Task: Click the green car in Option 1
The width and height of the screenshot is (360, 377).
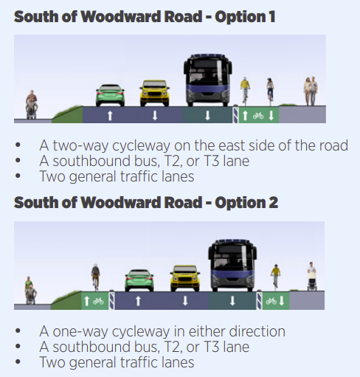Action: coord(110,95)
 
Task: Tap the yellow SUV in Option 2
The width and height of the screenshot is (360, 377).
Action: coord(185,278)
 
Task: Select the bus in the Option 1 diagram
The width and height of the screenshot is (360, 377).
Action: coord(208,80)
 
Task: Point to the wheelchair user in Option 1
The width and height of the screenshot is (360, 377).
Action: coord(32,105)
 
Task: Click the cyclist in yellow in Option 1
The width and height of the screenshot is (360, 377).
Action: coord(245,90)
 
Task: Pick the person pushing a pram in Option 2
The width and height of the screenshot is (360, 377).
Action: coord(311,276)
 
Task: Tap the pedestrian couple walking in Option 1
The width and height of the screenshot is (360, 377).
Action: coord(311,91)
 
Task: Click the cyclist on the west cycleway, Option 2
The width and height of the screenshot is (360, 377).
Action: coord(95,277)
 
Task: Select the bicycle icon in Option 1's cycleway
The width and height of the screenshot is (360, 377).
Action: coord(258,116)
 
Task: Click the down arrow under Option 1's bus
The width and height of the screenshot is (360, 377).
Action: coord(208,115)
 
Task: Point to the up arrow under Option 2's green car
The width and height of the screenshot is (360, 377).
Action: coord(138,301)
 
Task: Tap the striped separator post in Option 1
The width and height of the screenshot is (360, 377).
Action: coord(235,114)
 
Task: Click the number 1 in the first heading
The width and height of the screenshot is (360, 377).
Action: coord(271,17)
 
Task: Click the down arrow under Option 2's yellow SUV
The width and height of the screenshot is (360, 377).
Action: coord(185,301)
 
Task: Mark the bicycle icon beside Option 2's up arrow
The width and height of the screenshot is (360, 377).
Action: coord(98,301)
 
